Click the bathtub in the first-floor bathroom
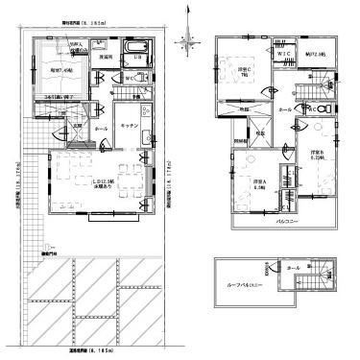click(x=134, y=50)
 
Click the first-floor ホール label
click(x=102, y=125)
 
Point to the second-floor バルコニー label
click(x=283, y=222)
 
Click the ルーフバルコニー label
click(x=241, y=286)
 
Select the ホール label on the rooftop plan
click(x=294, y=268)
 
